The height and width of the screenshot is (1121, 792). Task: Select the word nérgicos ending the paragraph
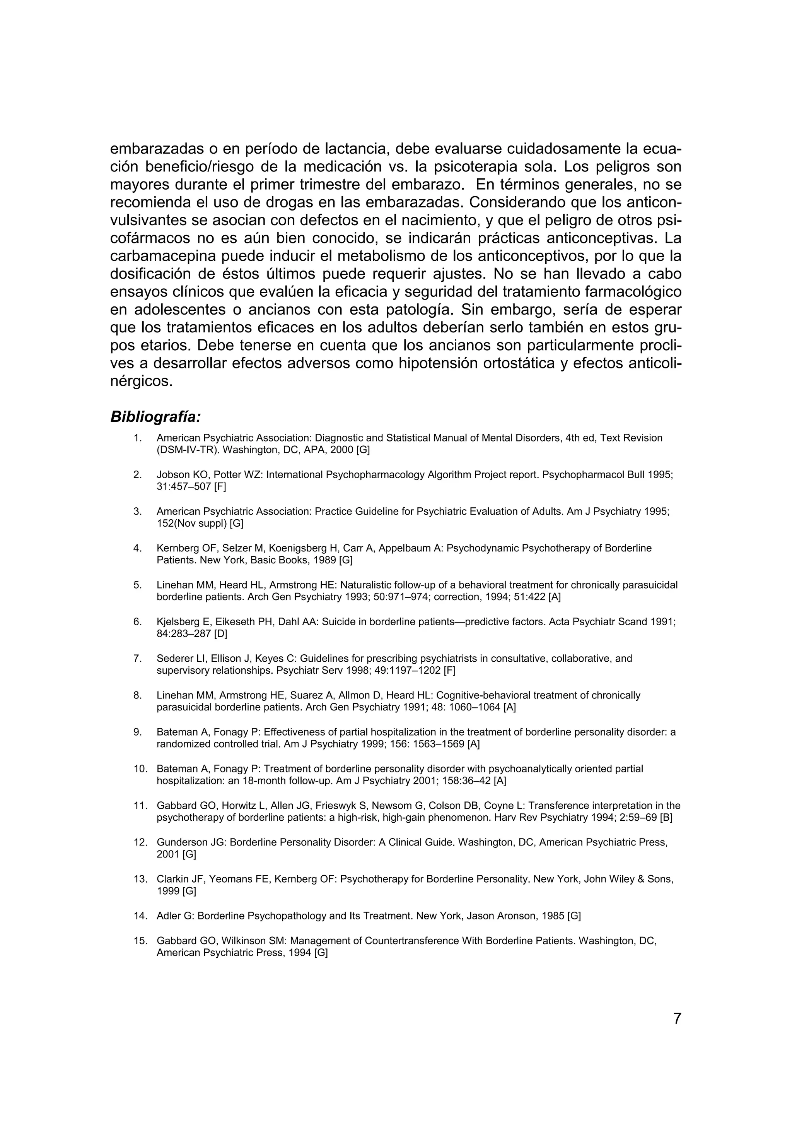click(x=142, y=381)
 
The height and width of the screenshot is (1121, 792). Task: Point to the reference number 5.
click(x=138, y=585)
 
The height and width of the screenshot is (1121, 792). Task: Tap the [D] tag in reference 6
click(x=220, y=634)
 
